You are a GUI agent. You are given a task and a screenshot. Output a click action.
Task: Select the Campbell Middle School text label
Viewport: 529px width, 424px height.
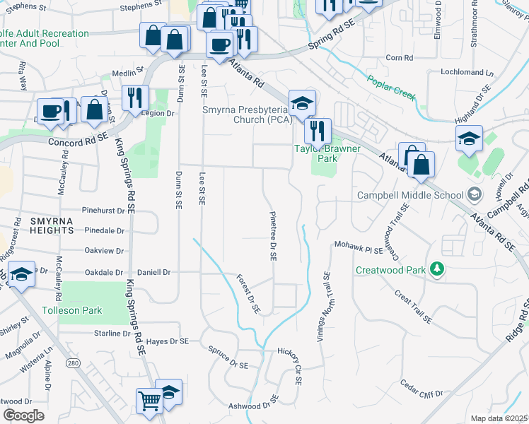(x=409, y=195)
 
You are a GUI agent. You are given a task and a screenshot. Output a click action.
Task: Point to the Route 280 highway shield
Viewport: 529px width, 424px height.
(x=73, y=363)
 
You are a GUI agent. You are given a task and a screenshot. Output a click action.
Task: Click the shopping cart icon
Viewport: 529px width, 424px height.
(x=150, y=401)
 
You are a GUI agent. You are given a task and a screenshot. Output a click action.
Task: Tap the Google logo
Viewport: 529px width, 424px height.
(x=24, y=416)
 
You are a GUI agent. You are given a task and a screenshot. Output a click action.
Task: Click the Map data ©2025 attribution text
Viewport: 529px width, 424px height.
(x=498, y=418)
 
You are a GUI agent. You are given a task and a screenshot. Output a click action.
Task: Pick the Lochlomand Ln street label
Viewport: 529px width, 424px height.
(x=466, y=72)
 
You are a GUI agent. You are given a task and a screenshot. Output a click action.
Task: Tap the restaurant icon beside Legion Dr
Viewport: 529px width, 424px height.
(x=134, y=98)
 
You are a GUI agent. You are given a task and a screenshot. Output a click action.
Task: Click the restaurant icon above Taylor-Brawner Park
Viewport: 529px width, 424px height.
(x=318, y=130)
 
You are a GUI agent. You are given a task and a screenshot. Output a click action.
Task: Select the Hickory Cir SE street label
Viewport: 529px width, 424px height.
(x=295, y=367)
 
